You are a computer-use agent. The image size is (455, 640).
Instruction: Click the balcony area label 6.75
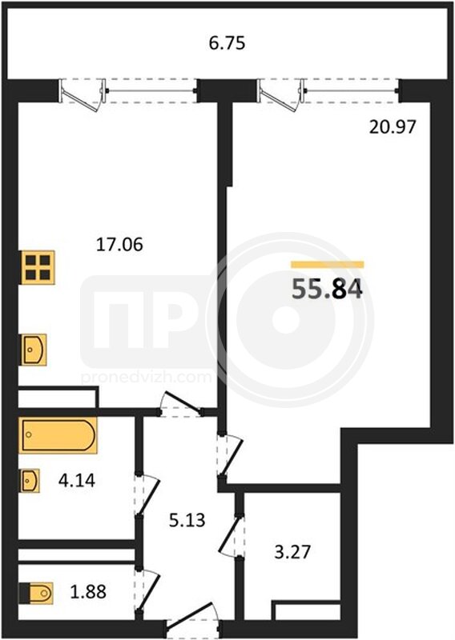(x=227, y=43)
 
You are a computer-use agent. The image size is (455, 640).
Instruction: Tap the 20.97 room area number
(x=393, y=127)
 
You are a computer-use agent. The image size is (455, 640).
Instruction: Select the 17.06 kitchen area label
(x=119, y=245)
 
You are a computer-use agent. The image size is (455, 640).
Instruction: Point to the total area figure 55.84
(x=327, y=290)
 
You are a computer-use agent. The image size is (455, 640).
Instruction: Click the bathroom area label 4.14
(x=77, y=481)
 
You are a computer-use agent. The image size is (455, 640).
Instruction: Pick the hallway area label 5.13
(x=187, y=521)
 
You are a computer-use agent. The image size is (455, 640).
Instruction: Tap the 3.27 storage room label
(x=292, y=552)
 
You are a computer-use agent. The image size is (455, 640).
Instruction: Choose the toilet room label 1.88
(x=88, y=591)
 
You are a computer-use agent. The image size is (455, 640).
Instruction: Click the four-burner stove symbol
(x=38, y=267)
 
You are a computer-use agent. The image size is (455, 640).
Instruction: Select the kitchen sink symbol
(x=34, y=350)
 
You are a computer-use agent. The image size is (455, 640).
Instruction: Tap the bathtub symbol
(x=58, y=435)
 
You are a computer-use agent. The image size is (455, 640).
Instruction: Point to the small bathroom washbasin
(x=30, y=481)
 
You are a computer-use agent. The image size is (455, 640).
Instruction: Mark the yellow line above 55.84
(x=328, y=265)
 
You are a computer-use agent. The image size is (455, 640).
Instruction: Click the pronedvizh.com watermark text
(x=147, y=377)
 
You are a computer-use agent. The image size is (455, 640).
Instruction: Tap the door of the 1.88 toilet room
(x=147, y=589)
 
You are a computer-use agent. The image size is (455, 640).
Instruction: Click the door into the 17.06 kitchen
(x=181, y=404)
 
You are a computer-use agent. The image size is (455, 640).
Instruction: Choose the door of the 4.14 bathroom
(x=147, y=494)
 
